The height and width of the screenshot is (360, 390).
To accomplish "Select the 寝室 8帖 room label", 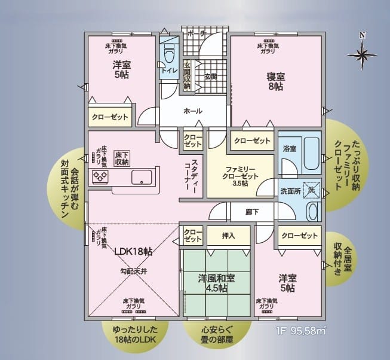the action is coord(275,81).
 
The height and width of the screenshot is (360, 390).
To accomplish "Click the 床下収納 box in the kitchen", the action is coord(122,158).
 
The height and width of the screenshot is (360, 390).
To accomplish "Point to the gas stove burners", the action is coord(100,176).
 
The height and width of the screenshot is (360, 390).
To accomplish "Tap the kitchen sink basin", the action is coord(142,177).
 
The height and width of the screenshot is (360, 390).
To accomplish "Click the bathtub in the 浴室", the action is coord(311,154).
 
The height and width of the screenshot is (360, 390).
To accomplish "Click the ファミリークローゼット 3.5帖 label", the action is coord(240,176).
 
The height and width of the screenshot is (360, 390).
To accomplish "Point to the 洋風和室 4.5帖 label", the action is coord(216,283).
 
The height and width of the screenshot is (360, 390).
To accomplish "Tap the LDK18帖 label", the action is coord(133,252).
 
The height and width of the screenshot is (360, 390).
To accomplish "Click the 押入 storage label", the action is coord(228,236).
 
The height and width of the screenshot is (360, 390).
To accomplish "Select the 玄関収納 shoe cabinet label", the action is coord(187,76).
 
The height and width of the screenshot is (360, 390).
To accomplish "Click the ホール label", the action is coord(193,111).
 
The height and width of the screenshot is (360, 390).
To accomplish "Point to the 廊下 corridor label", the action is coord(252,212).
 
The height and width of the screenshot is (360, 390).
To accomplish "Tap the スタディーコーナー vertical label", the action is coord(191,175).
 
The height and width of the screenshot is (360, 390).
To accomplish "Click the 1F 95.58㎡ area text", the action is coord(301,331).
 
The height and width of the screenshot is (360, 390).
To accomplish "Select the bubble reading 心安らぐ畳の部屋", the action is coord(217,335).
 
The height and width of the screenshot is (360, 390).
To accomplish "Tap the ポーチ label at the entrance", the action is coord(196,33).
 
